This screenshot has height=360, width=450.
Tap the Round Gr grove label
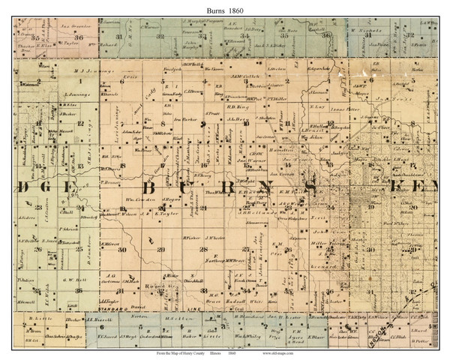click(x=177, y=286)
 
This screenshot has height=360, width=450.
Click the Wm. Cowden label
click(x=139, y=200)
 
